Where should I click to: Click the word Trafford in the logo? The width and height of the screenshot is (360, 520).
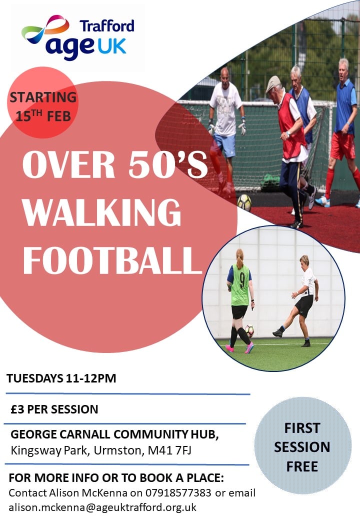click(x=106, y=26)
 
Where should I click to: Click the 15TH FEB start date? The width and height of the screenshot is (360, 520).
click(x=43, y=115)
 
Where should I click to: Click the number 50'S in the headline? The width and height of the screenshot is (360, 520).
click(x=168, y=164)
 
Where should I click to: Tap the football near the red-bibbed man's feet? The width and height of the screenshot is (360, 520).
click(x=244, y=202)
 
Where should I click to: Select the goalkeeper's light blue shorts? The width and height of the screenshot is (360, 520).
click(x=224, y=144)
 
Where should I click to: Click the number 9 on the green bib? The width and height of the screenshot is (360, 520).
click(x=242, y=280)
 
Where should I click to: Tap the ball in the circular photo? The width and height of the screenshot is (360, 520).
click(x=249, y=330)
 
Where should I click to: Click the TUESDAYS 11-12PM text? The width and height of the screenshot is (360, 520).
click(x=61, y=378)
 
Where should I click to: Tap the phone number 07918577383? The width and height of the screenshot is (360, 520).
click(x=178, y=493)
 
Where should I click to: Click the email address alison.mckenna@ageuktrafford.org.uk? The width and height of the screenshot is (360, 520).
click(x=102, y=507)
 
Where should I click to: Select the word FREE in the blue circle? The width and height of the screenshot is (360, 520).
click(x=302, y=466)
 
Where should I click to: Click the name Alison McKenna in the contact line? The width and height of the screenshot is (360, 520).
click(x=88, y=493)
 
